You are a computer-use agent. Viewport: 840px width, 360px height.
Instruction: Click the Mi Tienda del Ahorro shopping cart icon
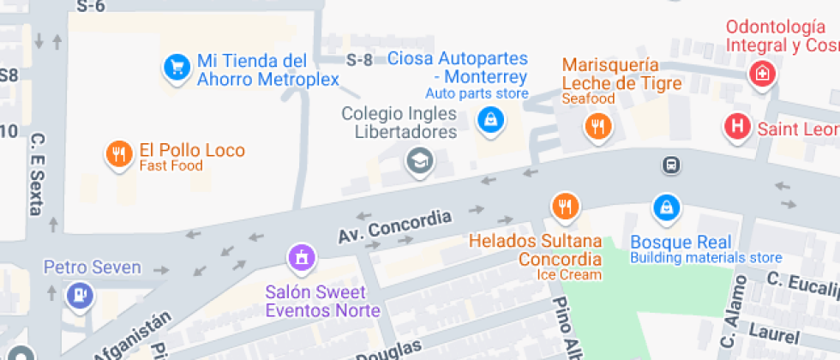pos(177,67)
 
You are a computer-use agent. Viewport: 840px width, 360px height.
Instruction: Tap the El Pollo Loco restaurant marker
pos(117,153)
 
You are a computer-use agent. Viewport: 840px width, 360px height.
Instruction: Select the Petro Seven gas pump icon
pos(79,295)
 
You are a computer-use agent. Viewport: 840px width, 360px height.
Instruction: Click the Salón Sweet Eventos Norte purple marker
pos(301,255)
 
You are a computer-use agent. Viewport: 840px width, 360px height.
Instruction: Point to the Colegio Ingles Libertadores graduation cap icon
pos(418,159)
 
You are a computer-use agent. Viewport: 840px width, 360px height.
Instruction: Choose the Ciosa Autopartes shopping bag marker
pos(489,119)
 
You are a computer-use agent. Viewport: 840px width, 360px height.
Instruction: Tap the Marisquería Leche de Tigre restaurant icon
pos(597,126)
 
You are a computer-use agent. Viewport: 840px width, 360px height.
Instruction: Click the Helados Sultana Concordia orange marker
pos(564,206)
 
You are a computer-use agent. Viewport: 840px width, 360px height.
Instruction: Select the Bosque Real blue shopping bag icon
pos(665,207)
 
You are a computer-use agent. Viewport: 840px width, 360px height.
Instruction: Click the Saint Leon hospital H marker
pos(735,127)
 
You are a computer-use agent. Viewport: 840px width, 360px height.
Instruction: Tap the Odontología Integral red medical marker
pos(760,74)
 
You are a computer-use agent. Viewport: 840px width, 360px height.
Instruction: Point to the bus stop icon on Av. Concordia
pos(671,165)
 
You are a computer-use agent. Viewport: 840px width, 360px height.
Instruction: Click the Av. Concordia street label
pos(394,225)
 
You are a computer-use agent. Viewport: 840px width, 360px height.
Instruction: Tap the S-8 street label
pos(360,60)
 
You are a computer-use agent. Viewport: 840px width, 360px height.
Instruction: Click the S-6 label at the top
pos(90,6)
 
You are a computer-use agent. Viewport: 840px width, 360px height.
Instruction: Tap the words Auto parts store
pos(477,93)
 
